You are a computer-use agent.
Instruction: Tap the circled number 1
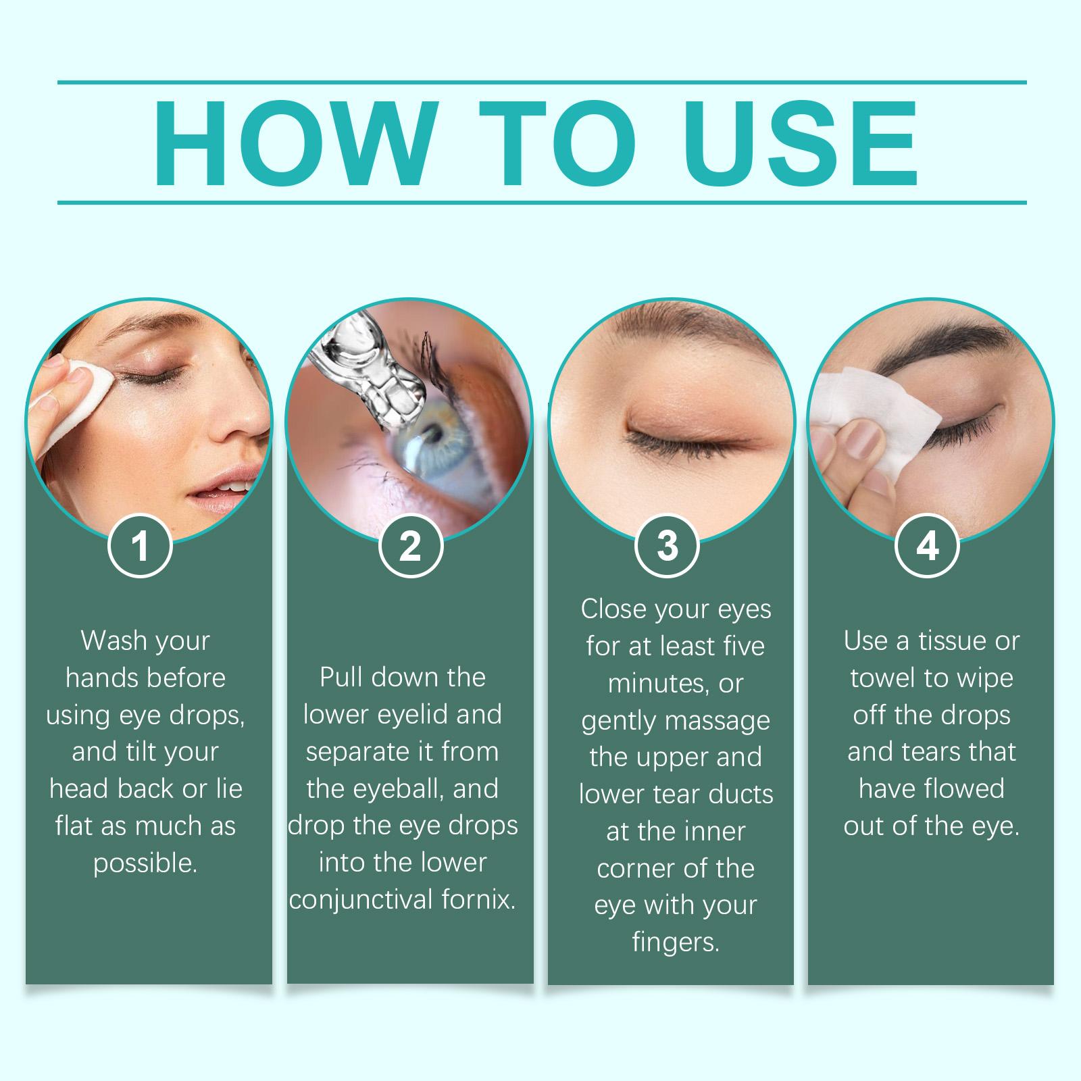pyautogui.click(x=141, y=546)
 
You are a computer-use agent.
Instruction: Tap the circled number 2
pyautogui.click(x=410, y=546)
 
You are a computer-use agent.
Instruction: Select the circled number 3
pyautogui.click(x=668, y=546)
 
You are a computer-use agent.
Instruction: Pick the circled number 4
pyautogui.click(x=927, y=546)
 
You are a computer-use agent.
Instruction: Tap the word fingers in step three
pyautogui.click(x=674, y=942)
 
